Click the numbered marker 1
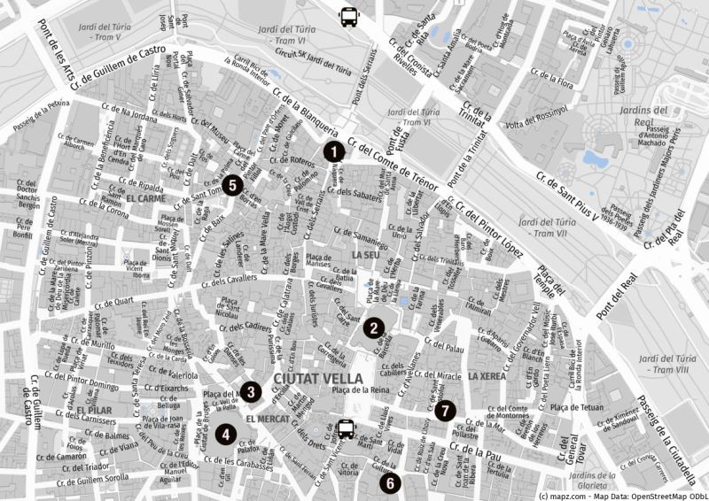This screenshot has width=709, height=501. (x=332, y=152)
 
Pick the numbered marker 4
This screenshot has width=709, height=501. (x=227, y=434)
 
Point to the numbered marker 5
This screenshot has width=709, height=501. (x=230, y=185)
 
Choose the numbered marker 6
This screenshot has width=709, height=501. (x=388, y=482)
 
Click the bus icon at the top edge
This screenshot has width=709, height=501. (x=349, y=14)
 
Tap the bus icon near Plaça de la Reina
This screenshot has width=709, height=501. (x=346, y=431)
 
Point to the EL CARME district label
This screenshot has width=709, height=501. (x=146, y=199)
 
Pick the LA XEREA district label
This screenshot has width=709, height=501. (x=487, y=376)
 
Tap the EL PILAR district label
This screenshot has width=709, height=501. (x=93, y=412)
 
